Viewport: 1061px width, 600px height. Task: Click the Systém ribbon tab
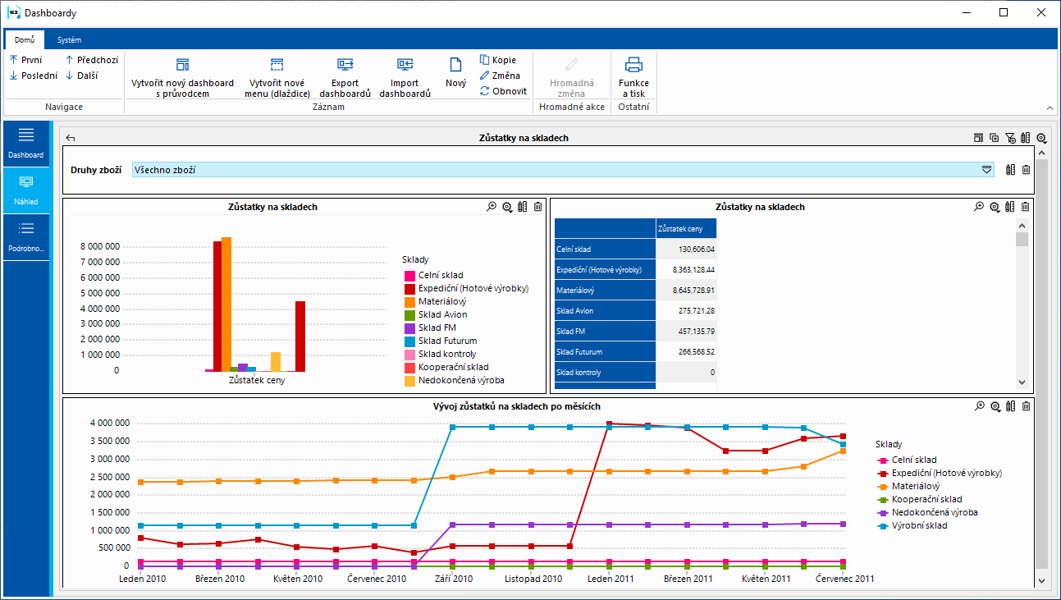click(x=69, y=39)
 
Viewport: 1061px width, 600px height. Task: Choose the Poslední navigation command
click(x=34, y=76)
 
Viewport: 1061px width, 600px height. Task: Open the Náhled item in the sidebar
click(x=25, y=190)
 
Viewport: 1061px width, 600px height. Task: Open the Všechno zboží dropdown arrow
click(x=986, y=170)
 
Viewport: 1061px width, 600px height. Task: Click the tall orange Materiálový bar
click(x=226, y=304)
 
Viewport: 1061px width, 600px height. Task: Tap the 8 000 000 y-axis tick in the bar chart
click(x=100, y=246)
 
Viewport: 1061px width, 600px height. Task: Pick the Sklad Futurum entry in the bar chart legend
click(x=447, y=341)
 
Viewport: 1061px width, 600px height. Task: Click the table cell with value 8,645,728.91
click(x=686, y=291)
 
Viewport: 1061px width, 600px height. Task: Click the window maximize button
click(x=1004, y=12)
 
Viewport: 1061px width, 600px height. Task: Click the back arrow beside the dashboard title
click(x=71, y=139)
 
